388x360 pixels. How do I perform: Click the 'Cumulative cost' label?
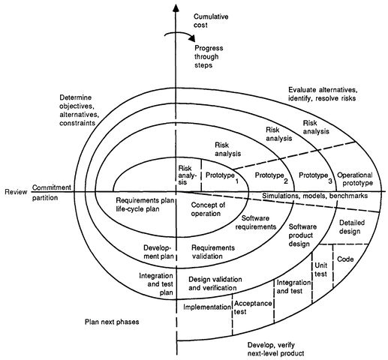(x=211, y=21)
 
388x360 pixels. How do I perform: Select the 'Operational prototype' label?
(x=355, y=179)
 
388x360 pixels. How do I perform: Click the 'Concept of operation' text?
(x=208, y=209)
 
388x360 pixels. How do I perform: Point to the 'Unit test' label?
(x=320, y=269)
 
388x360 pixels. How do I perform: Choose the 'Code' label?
(x=345, y=259)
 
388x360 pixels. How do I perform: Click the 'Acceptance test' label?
(x=253, y=307)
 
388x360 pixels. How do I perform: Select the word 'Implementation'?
(x=207, y=307)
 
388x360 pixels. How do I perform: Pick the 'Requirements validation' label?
(x=213, y=252)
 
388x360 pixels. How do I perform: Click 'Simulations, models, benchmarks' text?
(x=314, y=196)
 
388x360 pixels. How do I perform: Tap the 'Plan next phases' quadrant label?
(x=112, y=322)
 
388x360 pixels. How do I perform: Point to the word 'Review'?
(x=16, y=192)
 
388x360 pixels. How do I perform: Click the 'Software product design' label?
(x=302, y=235)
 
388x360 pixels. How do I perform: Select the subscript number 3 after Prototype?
(x=330, y=181)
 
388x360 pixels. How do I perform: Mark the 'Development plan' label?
(x=158, y=252)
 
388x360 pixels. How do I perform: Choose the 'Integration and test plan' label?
(x=156, y=284)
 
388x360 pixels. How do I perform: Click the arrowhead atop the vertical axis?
(x=176, y=8)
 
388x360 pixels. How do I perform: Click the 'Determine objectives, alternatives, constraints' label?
(x=77, y=110)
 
